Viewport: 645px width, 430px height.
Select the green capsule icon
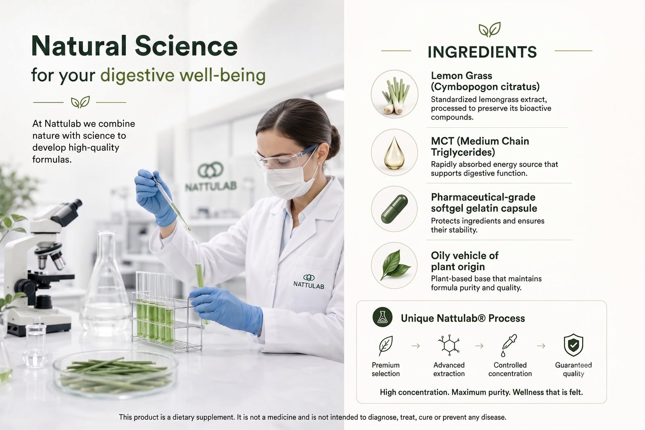pyautogui.click(x=394, y=209)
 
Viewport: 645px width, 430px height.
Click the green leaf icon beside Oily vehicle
pyautogui.click(x=394, y=265)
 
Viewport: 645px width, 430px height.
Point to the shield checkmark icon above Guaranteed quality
pyautogui.click(x=573, y=345)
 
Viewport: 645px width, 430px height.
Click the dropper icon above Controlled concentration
pyautogui.click(x=509, y=345)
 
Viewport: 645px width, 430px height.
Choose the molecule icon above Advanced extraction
pyautogui.click(x=449, y=345)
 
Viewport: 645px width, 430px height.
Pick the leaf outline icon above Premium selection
pyautogui.click(x=385, y=345)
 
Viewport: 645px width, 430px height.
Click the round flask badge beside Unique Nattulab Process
pyautogui.click(x=383, y=317)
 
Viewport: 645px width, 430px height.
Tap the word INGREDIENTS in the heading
pyautogui.click(x=482, y=52)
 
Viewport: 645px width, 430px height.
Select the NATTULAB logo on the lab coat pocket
pyautogui.click(x=309, y=281)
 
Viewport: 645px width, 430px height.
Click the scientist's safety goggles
pyautogui.click(x=285, y=158)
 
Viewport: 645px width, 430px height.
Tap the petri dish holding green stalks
pyautogui.click(x=115, y=374)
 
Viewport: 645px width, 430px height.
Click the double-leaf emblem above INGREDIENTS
pyautogui.click(x=489, y=29)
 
